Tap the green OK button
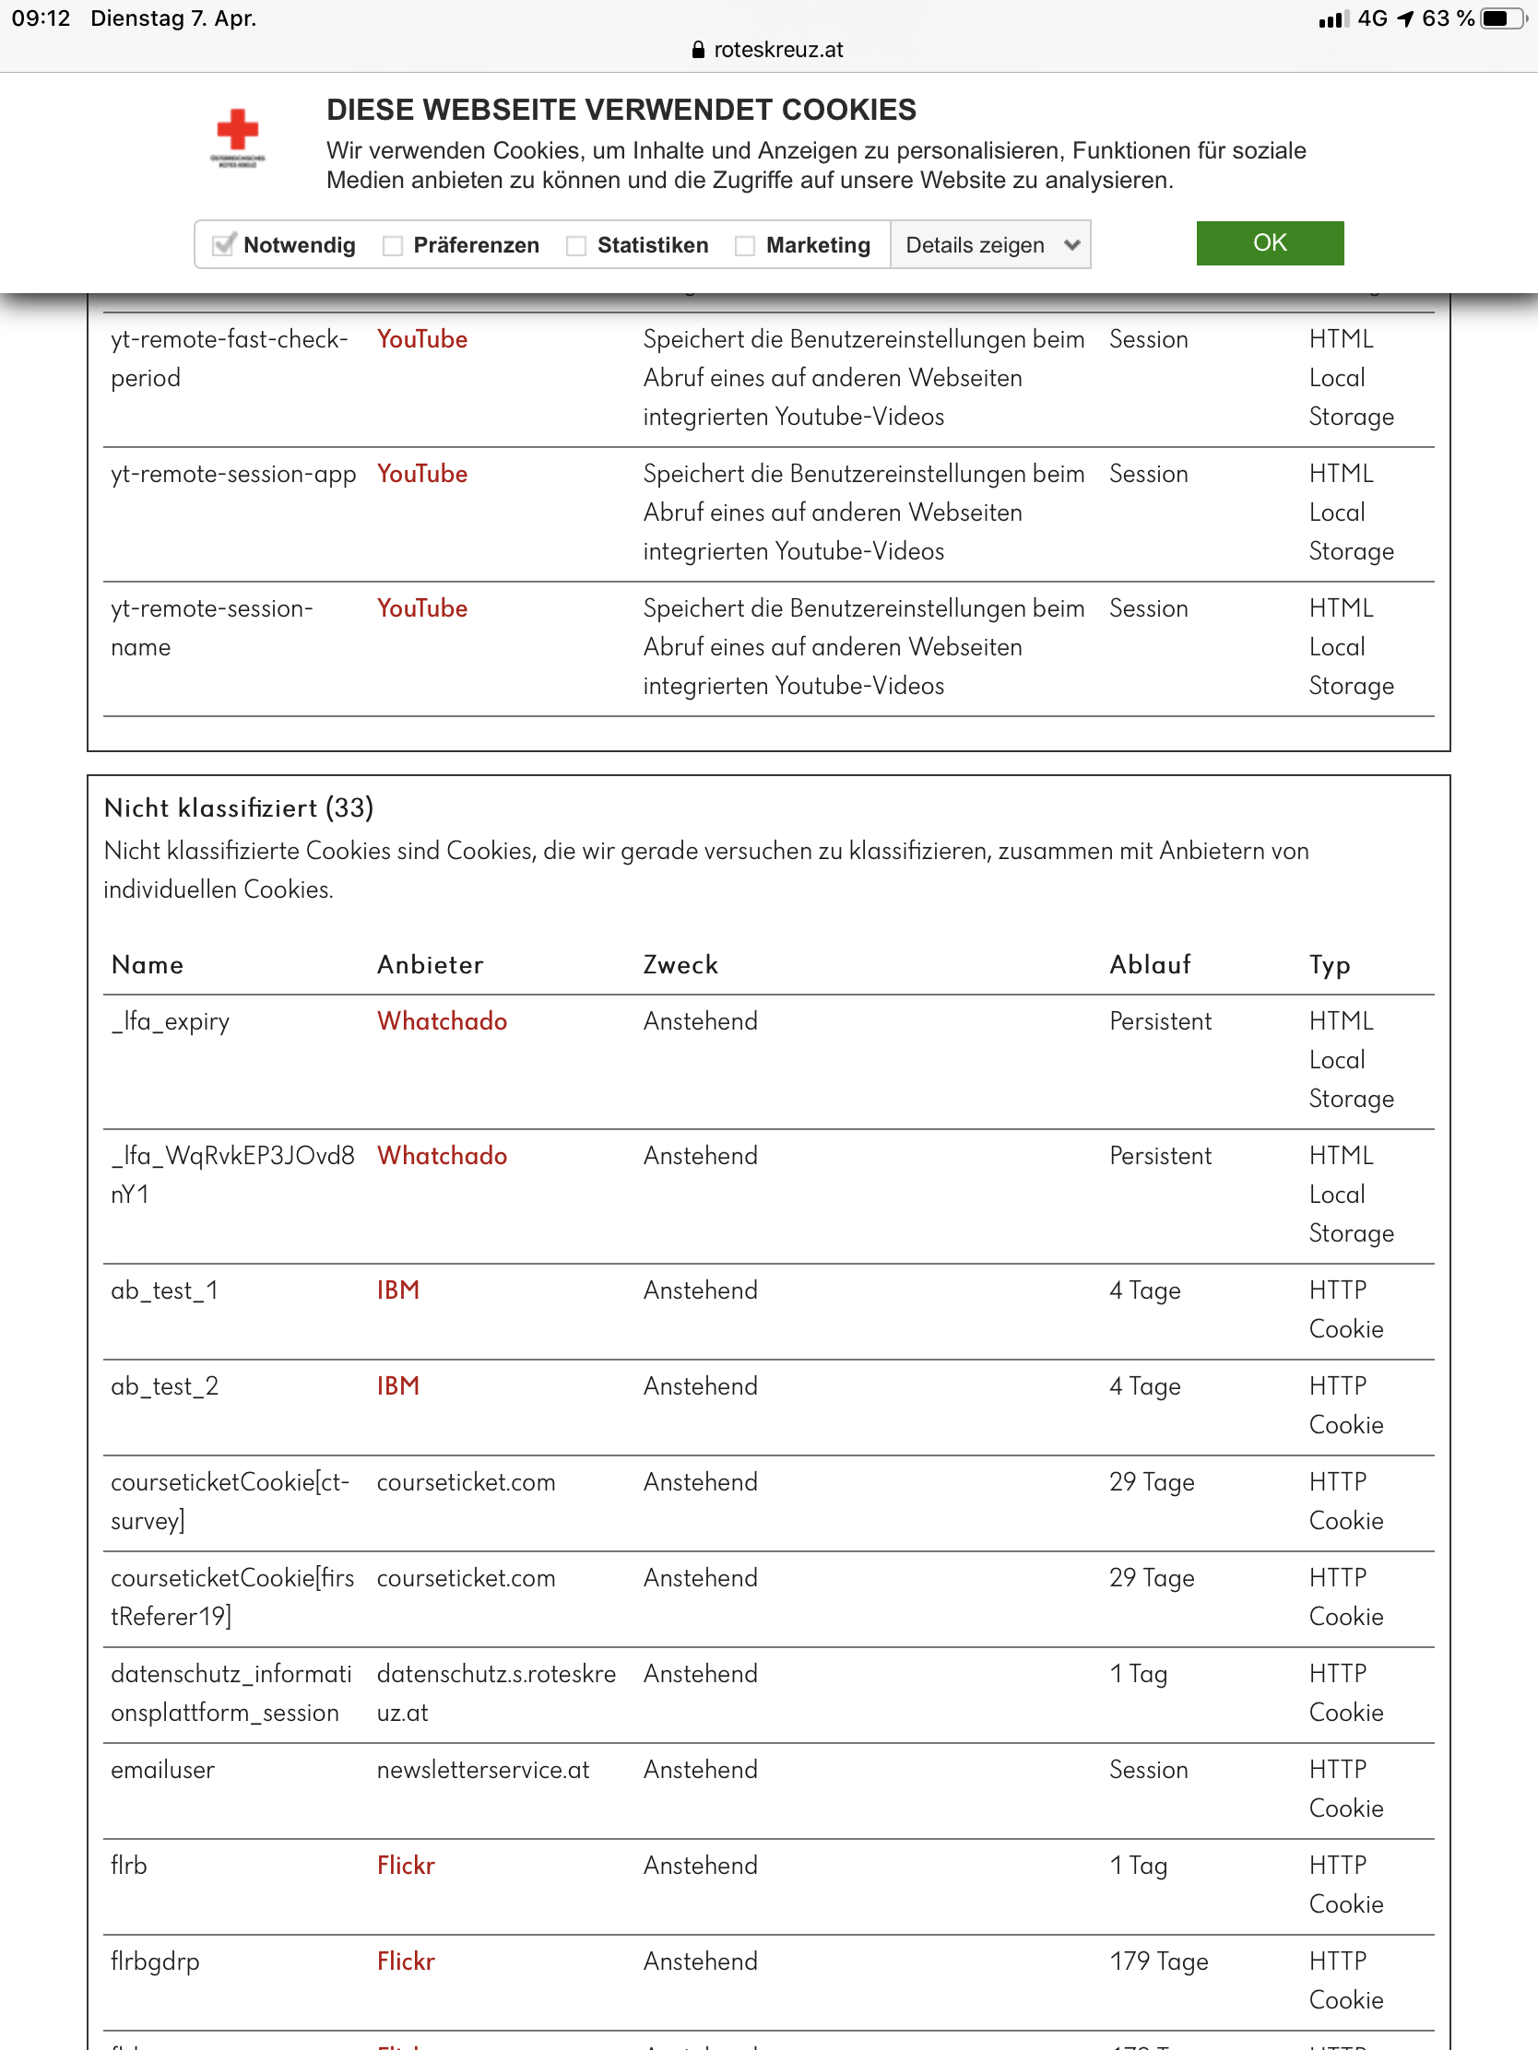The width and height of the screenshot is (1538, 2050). coord(1269,242)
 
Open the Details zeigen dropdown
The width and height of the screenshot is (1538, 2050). coord(990,245)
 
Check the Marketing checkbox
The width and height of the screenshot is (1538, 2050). coord(744,245)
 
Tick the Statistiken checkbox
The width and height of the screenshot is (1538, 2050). coord(575,245)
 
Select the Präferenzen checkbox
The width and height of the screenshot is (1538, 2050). coord(392,245)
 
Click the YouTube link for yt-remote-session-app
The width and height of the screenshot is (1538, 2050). coord(421,474)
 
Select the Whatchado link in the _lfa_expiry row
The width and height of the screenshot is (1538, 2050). coord(442,1021)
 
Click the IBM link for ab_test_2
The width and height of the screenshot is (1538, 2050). coord(397,1386)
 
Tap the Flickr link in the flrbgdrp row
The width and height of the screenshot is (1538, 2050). coord(405,1961)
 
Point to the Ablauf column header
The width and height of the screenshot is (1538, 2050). coord(1150,965)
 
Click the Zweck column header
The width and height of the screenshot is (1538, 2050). coord(680,965)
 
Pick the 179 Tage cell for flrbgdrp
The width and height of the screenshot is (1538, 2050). coord(1159,1961)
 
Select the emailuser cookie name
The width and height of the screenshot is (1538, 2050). coord(162,1769)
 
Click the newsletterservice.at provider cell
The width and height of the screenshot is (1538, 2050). coord(483,1769)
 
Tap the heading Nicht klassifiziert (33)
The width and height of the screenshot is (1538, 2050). coord(239,807)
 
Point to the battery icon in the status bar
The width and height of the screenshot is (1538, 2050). coord(1500,18)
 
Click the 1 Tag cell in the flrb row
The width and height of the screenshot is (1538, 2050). coord(1139,1866)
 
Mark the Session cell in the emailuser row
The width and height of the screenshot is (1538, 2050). coord(1149,1769)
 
